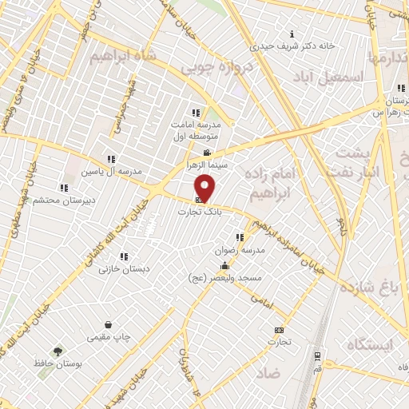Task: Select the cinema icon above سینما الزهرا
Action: (x=207, y=153)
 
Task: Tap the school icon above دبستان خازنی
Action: (x=124, y=256)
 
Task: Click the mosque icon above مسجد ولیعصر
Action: (x=226, y=266)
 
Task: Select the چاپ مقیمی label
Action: (x=109, y=338)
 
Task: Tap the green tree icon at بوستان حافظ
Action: (x=58, y=351)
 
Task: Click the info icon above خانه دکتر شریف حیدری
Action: (x=292, y=34)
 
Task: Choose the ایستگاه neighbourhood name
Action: (x=371, y=344)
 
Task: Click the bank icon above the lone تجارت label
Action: (x=279, y=330)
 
